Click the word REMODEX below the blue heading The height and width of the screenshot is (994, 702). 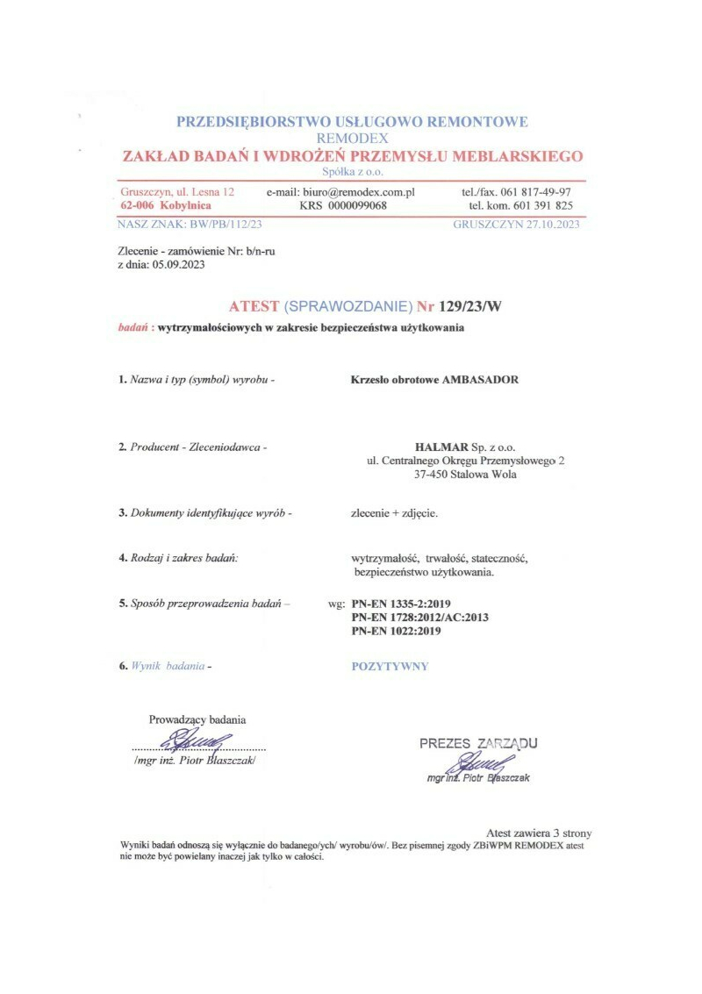click(352, 138)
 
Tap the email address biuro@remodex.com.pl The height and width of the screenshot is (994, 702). click(358, 191)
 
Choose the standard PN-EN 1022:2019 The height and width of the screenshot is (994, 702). click(396, 630)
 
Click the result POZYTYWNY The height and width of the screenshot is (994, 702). click(390, 666)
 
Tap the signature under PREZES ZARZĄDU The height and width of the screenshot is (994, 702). click(482, 762)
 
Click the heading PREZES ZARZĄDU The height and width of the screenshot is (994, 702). click(478, 743)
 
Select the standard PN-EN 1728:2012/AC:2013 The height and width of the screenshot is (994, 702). click(419, 618)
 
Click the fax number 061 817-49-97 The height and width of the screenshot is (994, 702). click(534, 191)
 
